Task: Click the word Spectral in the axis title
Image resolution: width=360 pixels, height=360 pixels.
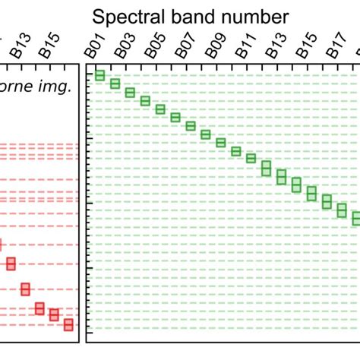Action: pos(127,17)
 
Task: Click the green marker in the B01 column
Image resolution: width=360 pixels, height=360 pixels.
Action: pos(99,75)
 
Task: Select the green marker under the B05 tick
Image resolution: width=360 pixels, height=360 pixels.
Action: pos(145,100)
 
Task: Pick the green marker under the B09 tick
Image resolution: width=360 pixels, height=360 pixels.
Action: pos(205,134)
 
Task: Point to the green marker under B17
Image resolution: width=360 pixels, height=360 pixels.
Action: pos(327,201)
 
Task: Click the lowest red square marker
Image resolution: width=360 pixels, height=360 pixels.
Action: pos(68,324)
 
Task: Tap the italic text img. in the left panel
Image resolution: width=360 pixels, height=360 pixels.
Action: pos(58,87)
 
